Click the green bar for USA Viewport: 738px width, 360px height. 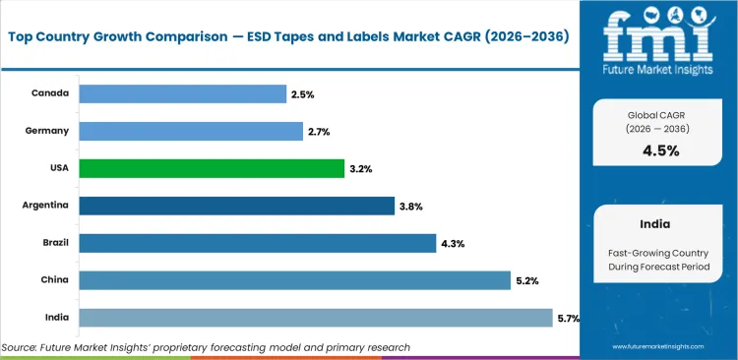[212, 168]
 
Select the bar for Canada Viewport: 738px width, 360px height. [183, 93]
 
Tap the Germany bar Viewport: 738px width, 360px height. [191, 131]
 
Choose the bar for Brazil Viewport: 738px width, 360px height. [257, 243]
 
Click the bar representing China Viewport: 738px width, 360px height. [295, 280]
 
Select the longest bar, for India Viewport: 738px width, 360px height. [315, 317]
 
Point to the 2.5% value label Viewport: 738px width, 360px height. [302, 94]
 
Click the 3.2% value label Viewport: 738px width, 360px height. [360, 169]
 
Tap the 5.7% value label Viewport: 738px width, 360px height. [568, 318]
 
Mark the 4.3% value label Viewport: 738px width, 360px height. [451, 244]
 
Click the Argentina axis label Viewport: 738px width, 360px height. [45, 206]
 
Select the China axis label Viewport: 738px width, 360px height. [55, 280]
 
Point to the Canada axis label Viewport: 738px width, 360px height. [51, 93]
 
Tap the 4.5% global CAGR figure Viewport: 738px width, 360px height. [659, 150]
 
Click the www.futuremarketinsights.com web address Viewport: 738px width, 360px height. [661, 347]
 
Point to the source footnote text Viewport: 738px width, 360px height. [206, 347]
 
